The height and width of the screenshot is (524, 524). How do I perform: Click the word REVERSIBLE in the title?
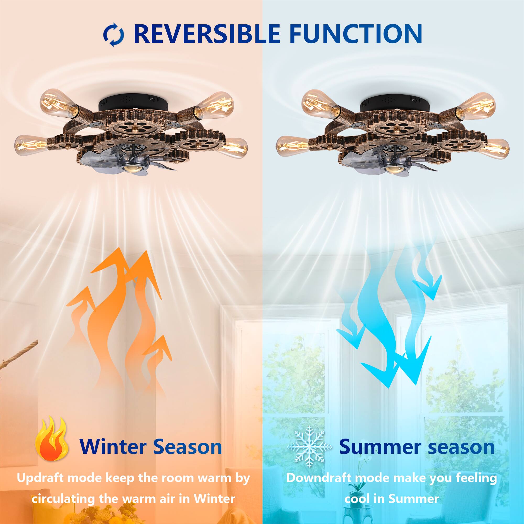point(207,34)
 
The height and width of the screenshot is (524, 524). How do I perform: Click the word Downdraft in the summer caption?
point(321,478)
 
